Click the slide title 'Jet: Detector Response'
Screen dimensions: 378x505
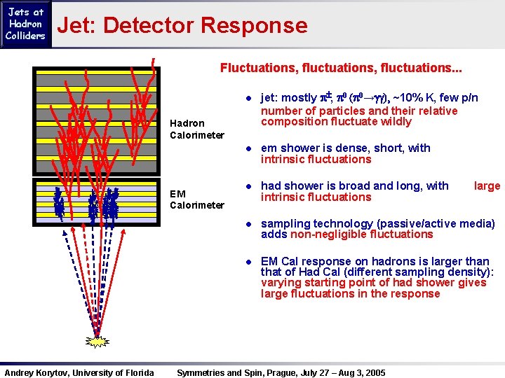tap(182, 26)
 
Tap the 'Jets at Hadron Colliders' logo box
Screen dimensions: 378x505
tap(26, 24)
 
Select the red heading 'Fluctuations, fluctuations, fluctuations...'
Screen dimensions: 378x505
tap(341, 69)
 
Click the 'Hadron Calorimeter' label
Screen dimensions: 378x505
tap(187, 129)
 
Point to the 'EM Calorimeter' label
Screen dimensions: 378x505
tap(187, 199)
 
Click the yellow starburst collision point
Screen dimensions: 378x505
tap(97, 342)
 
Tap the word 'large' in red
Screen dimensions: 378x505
tap(487, 185)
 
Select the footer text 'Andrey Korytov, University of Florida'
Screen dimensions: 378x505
tap(79, 372)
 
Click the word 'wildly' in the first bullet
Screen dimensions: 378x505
tap(396, 122)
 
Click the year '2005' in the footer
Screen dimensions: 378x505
tap(375, 372)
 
